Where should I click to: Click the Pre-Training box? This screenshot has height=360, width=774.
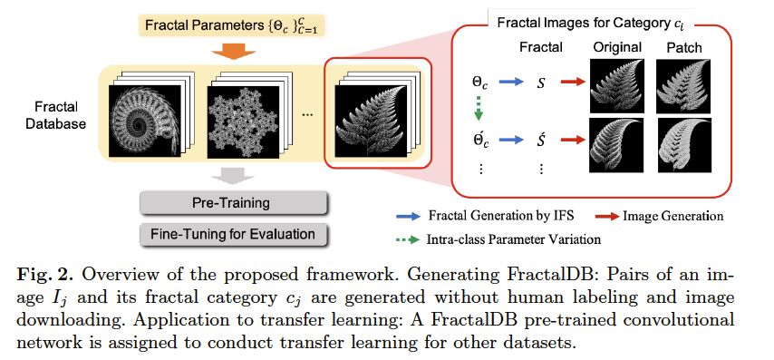[x=233, y=203]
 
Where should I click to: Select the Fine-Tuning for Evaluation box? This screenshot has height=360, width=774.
[x=233, y=234]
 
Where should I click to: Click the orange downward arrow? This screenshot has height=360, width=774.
[x=233, y=52]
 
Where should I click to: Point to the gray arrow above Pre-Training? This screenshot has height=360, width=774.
[x=233, y=176]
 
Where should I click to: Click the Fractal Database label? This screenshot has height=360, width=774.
[x=55, y=115]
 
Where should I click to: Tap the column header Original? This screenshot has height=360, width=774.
[x=617, y=47]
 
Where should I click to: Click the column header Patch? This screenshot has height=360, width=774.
[x=684, y=48]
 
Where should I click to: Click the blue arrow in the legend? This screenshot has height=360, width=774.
[x=408, y=216]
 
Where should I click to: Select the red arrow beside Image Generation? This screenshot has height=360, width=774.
[x=606, y=216]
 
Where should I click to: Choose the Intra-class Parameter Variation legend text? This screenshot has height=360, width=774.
[x=514, y=239]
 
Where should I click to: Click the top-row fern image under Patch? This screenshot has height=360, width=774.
[x=683, y=86]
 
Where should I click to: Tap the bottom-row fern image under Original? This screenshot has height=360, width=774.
[x=616, y=145]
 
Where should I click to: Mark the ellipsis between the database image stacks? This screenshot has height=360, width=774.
[x=307, y=114]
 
